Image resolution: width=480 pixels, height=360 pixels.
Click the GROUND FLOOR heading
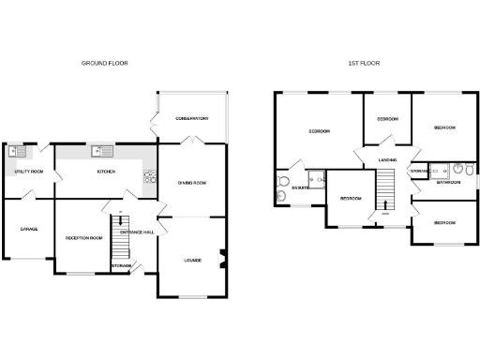coord(105,63)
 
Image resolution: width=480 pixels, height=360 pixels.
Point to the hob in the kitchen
coord(149,174)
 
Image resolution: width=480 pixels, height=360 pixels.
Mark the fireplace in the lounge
coord(222,258)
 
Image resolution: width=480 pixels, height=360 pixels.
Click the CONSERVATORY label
coord(191,118)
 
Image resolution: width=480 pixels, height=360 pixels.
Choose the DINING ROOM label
coord(191,183)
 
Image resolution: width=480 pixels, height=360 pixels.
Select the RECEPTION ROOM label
coord(83,238)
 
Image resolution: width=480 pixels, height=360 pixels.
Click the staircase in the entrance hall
coord(118,238)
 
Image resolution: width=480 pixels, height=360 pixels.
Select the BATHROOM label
coord(448,182)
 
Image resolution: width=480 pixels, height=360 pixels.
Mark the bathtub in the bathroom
coord(438,170)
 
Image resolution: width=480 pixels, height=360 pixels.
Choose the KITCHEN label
coord(105,172)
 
